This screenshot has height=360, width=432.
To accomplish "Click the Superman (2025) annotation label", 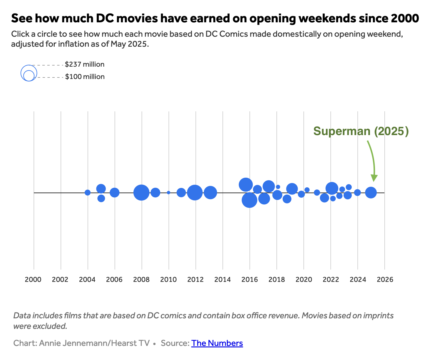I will [x=361, y=131].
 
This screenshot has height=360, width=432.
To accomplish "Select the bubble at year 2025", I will [x=371, y=193].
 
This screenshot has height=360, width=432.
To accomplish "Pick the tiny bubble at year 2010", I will [x=168, y=193].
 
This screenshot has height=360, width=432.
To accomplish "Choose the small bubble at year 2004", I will [x=87, y=193].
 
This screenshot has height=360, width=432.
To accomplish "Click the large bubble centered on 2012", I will [x=195, y=193].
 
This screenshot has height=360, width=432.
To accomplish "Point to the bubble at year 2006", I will [x=115, y=193].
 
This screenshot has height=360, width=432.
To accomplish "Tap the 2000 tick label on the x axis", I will [x=33, y=279].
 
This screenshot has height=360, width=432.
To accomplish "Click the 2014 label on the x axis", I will [x=222, y=279].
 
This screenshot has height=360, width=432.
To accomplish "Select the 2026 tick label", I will [x=385, y=279].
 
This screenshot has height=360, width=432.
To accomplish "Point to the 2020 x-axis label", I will [x=304, y=279].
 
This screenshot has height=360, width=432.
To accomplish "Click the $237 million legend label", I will [x=85, y=64].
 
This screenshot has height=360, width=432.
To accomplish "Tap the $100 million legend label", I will [x=85, y=77].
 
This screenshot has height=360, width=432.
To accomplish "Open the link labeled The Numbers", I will [x=217, y=343].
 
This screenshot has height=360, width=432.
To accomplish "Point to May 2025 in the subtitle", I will [x=128, y=44].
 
